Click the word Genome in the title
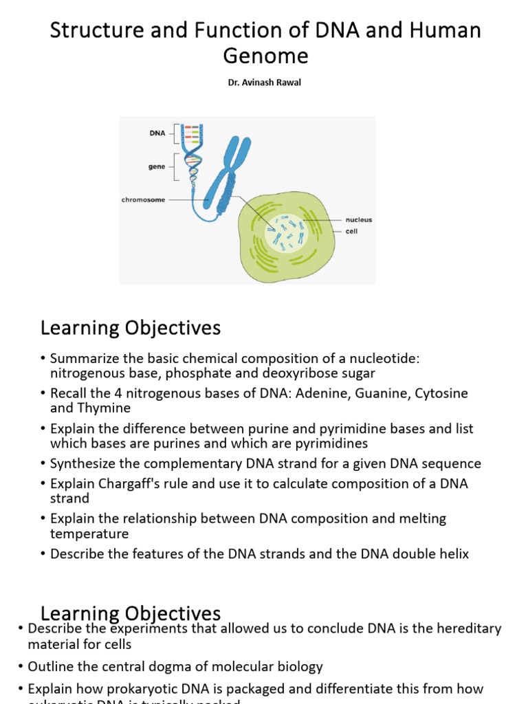[264, 55]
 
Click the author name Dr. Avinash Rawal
[264, 83]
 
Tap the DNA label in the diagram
[157, 133]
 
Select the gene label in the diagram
[157, 166]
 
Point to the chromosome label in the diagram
[144, 200]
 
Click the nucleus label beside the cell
[359, 220]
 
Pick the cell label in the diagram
[351, 231]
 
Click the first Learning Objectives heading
[131, 328]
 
